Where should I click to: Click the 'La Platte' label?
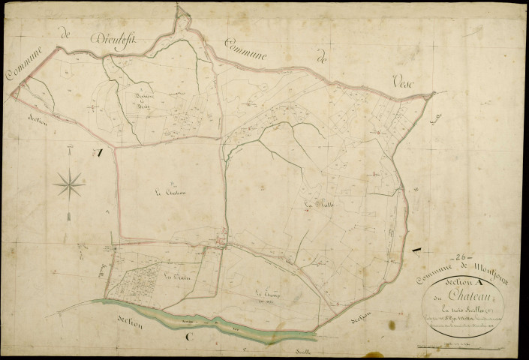pyautogui.click(x=319, y=202)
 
